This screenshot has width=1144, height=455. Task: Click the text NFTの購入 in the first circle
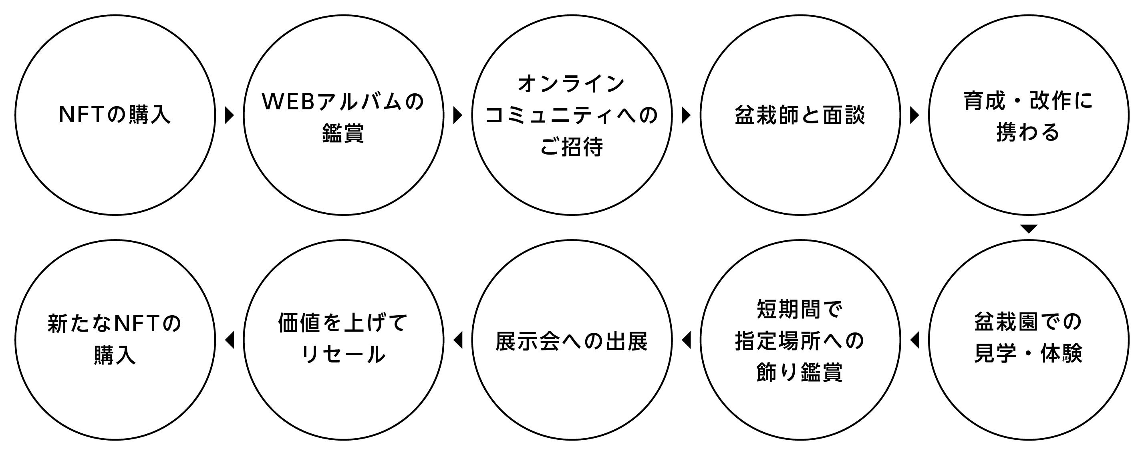[115, 115]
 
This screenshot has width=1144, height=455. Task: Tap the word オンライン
[572, 84]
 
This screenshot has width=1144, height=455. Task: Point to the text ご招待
[572, 147]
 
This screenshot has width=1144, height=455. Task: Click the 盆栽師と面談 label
[800, 115]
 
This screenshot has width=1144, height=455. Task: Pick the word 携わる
[1028, 132]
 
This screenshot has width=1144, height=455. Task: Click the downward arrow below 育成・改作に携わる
[1029, 229]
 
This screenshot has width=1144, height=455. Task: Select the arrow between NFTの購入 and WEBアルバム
[229, 115]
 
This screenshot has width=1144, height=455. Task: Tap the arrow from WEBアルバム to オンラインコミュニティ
[457, 115]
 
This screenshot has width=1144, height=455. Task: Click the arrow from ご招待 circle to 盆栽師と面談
[686, 115]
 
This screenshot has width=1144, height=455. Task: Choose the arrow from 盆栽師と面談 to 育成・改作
[914, 115]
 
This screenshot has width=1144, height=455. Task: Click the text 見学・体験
[1028, 354]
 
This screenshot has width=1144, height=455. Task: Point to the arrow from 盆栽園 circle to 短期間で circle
[914, 340]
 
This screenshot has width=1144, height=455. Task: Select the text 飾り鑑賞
[800, 372]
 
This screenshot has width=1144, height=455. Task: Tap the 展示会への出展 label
[572, 341]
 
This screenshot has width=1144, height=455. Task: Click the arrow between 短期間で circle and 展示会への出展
[686, 340]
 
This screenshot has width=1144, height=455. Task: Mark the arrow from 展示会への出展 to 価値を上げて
[457, 340]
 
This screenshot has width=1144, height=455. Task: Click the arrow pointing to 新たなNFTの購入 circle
[229, 340]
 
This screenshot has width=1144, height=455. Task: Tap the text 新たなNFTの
[115, 324]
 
